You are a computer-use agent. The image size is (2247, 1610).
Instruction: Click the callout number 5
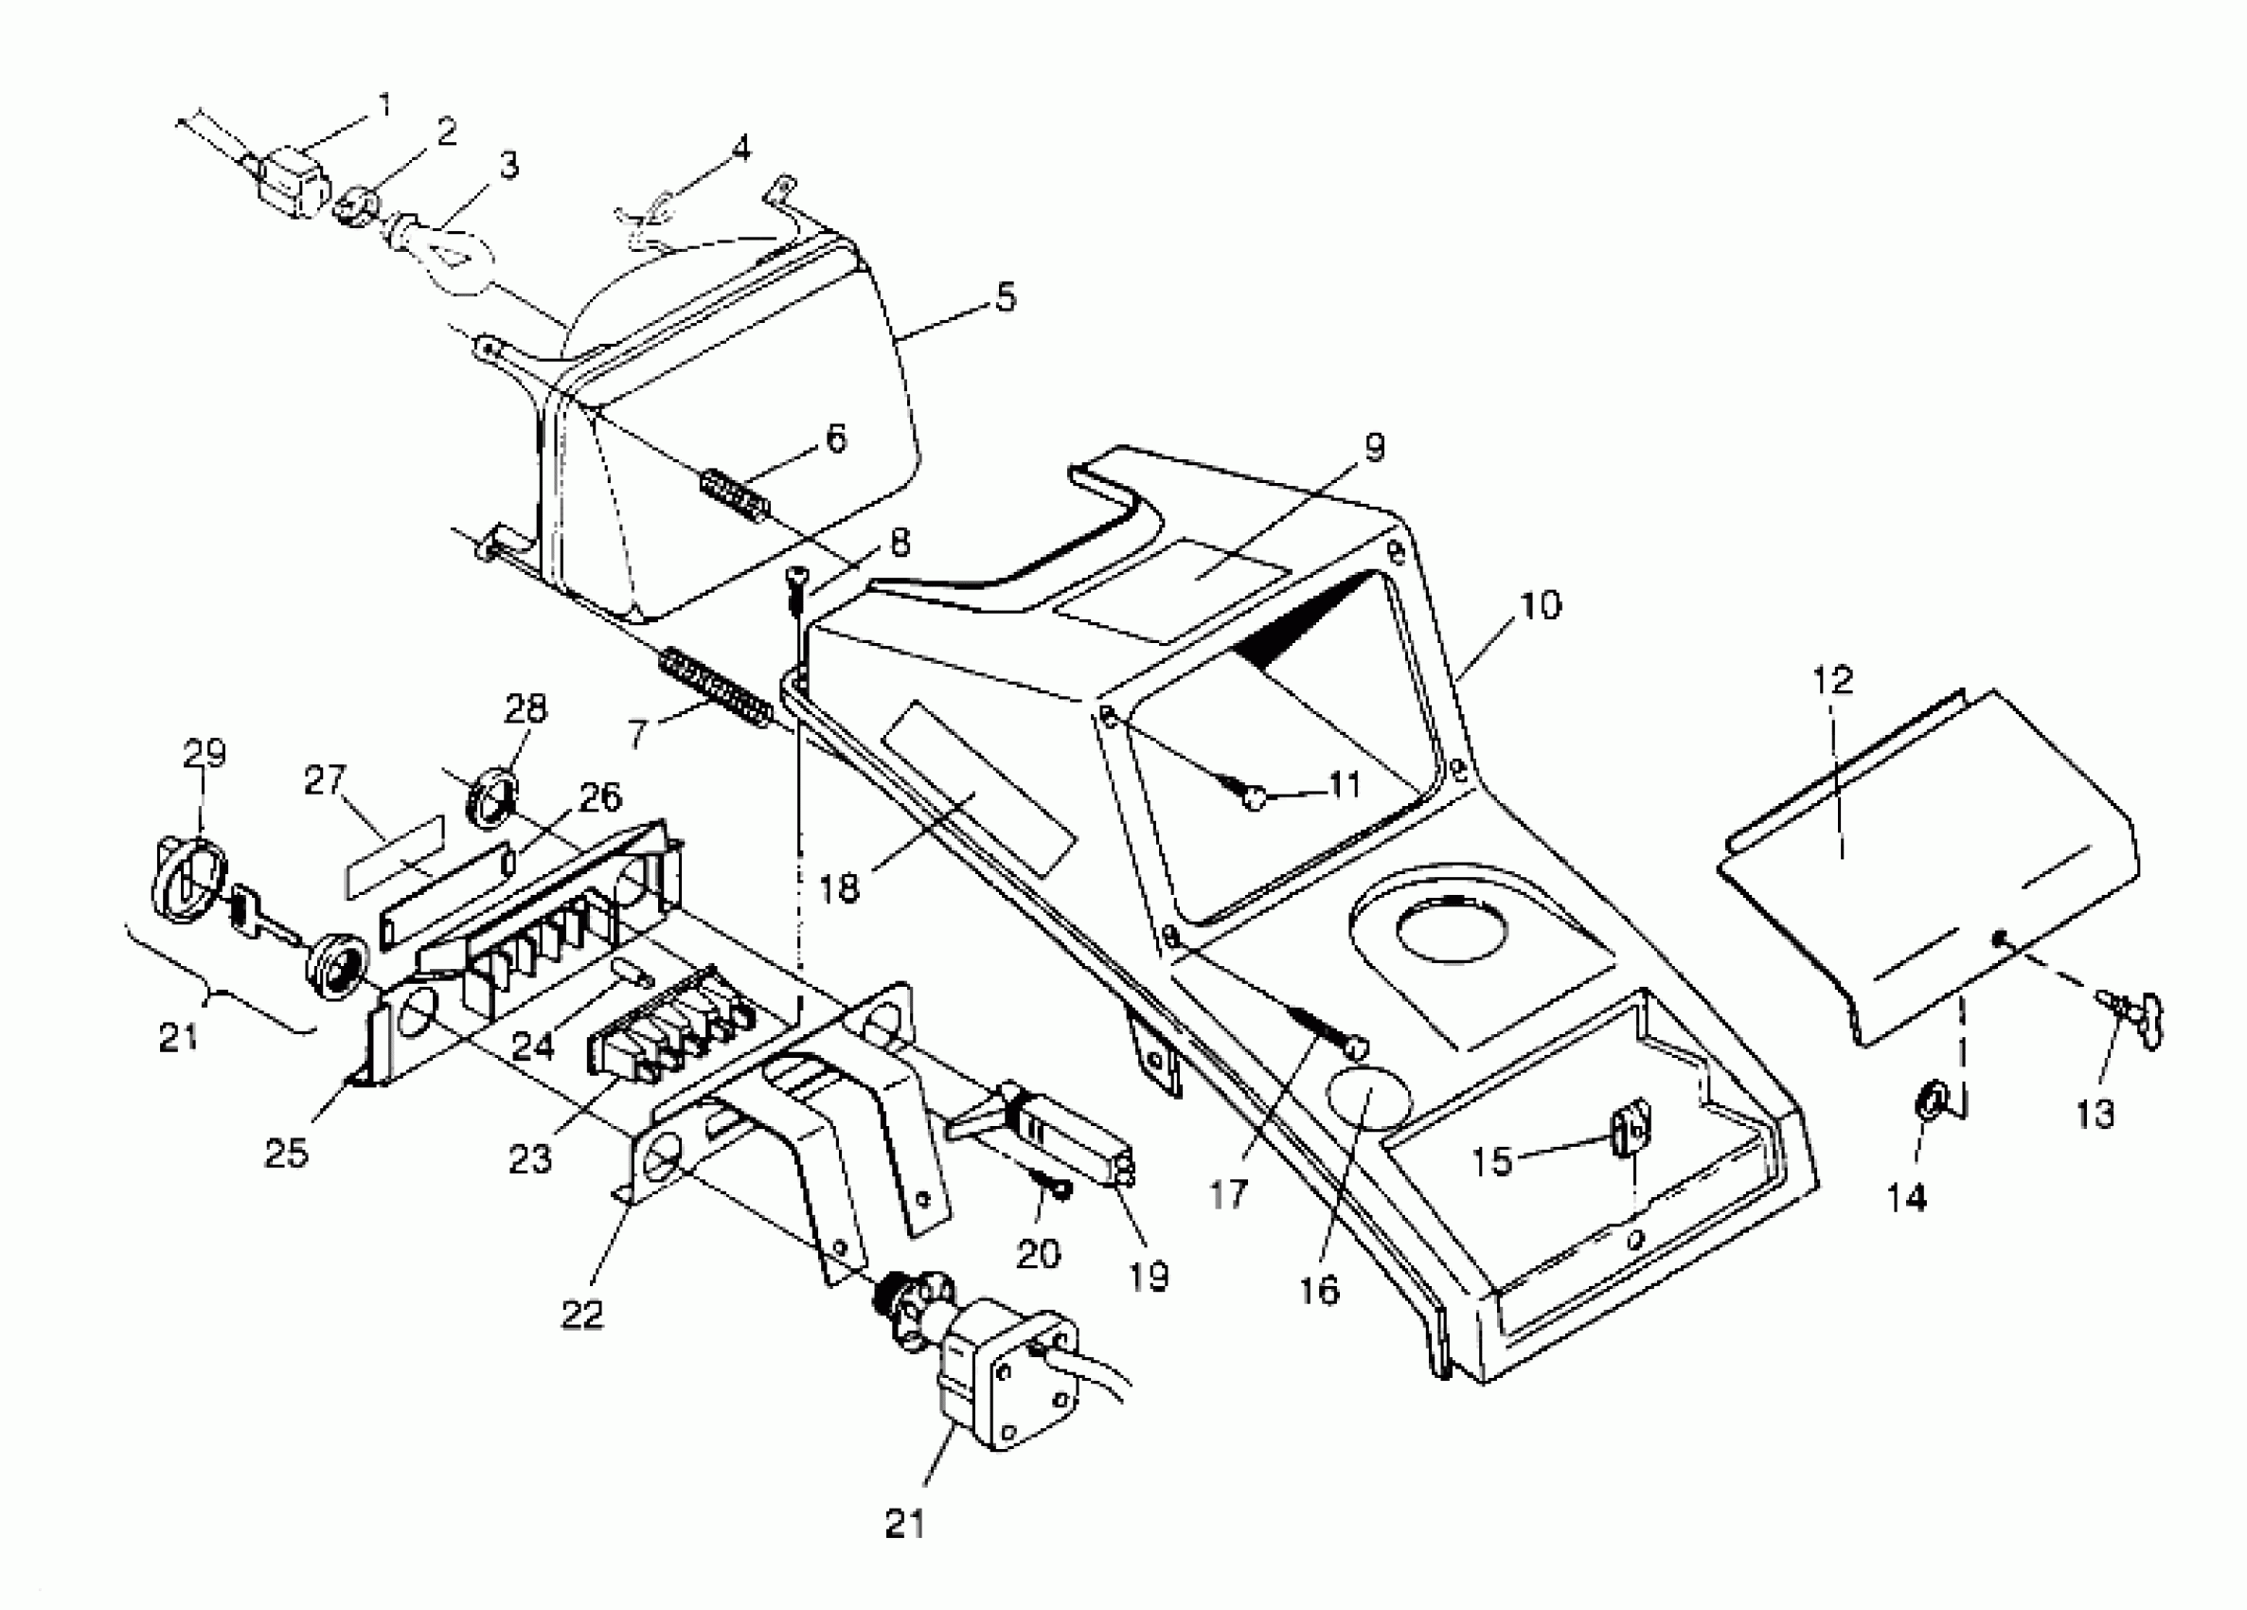(x=1006, y=296)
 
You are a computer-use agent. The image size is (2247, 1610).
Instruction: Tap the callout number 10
(x=1539, y=604)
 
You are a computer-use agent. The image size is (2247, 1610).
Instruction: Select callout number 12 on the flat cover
(x=1832, y=681)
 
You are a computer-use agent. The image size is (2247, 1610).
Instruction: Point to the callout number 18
(x=840, y=886)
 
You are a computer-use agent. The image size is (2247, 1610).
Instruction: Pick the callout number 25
(x=285, y=1153)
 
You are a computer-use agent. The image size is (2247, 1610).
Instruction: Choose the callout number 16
(x=1321, y=1290)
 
